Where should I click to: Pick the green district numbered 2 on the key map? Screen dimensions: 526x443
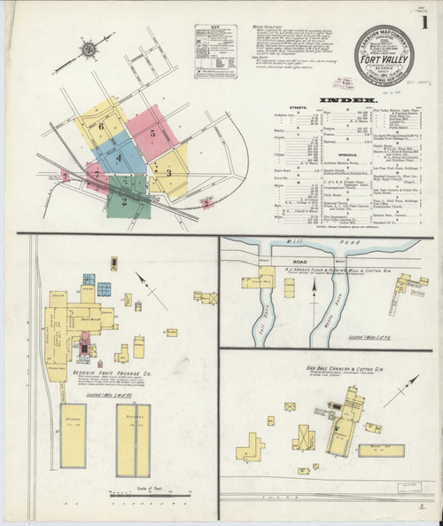click(x=127, y=200)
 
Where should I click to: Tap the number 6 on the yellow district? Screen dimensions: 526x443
click(x=102, y=128)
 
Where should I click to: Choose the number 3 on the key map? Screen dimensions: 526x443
click(x=168, y=172)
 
